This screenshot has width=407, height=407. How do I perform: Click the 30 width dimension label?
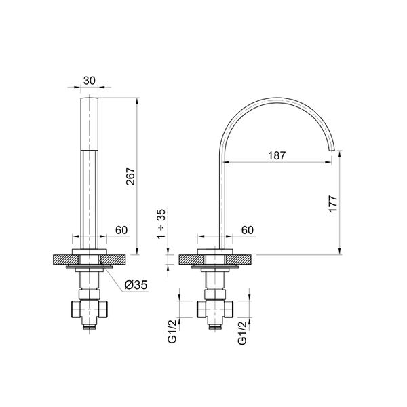(89, 80)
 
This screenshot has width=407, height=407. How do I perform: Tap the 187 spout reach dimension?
(276, 155)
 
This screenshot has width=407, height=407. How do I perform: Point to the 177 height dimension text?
(332, 206)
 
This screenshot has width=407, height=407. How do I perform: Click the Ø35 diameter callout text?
(136, 286)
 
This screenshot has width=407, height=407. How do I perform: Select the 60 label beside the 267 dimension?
(122, 230)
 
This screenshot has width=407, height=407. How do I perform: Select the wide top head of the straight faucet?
(89, 122)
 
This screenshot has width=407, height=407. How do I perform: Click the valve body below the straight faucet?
(89, 309)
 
